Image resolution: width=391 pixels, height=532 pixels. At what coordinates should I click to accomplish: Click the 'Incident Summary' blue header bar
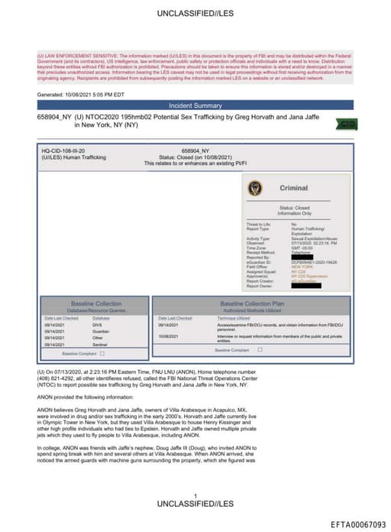[x=195, y=105]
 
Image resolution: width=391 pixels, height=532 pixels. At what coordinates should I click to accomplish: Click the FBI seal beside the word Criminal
[x=254, y=188]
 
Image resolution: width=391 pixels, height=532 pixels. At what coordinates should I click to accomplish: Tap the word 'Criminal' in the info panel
[x=293, y=188]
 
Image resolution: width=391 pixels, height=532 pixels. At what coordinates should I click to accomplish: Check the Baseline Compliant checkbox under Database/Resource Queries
[x=102, y=354]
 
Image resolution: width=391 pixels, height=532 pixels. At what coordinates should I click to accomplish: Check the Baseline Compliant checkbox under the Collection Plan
[x=260, y=349]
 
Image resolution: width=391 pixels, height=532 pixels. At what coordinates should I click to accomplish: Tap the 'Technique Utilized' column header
[x=236, y=318]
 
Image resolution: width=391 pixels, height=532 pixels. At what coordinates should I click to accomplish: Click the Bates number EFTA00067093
[x=357, y=524]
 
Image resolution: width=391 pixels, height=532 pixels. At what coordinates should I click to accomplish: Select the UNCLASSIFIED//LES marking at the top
[x=195, y=13]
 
